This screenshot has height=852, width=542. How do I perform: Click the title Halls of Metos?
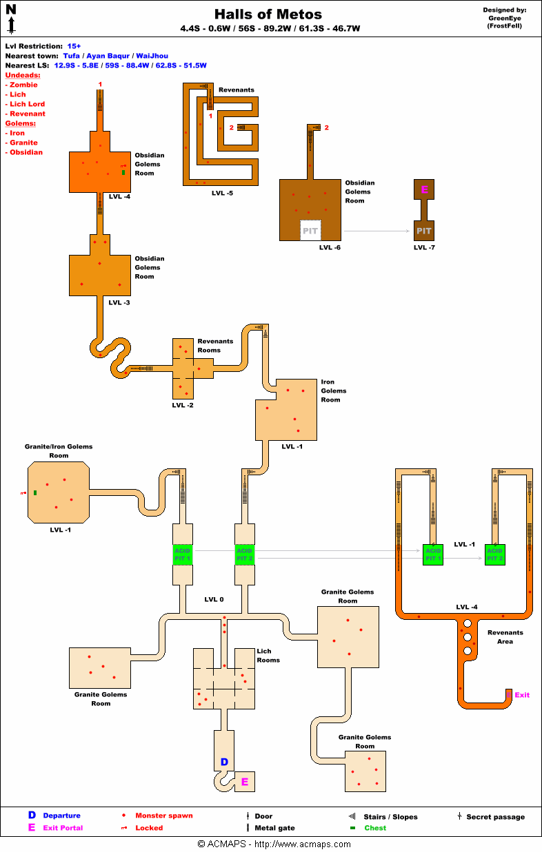pos(268,14)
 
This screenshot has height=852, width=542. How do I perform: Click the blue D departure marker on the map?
pos(224,761)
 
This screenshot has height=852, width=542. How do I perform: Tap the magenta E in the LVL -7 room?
pos(424,189)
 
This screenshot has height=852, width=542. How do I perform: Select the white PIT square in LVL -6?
pos(311,231)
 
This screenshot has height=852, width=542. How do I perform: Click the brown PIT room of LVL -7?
pos(424,231)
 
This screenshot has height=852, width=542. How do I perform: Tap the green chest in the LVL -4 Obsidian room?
pos(123,172)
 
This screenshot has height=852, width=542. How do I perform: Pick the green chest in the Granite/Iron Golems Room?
pos(35,492)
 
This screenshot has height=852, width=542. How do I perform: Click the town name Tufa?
pos(71,56)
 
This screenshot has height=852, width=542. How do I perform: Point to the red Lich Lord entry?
pos(27,104)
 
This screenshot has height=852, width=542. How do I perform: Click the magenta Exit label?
pos(522,695)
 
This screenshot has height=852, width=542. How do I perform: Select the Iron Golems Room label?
pos(334,391)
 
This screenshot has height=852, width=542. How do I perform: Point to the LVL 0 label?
pos(214,599)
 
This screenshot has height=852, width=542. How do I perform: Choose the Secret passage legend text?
pos(495,817)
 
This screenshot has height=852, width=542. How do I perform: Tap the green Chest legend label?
pos(375,828)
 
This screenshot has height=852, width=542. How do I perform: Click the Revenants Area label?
pos(505,636)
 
